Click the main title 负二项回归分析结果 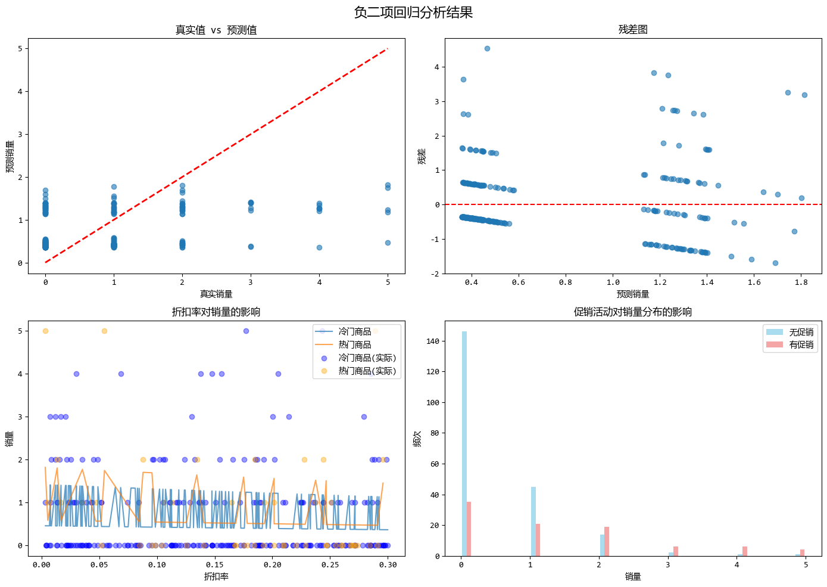pyautogui.click(x=413, y=13)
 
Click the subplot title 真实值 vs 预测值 pyautogui.click(x=216, y=30)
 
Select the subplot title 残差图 pyautogui.click(x=633, y=30)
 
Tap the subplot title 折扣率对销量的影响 pyautogui.click(x=216, y=312)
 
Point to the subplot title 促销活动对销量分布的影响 pyautogui.click(x=633, y=312)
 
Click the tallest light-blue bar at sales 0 pyautogui.click(x=464, y=444)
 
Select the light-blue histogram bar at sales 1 pyautogui.click(x=533, y=521)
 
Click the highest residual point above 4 pyautogui.click(x=487, y=48)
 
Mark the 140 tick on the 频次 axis pyautogui.click(x=433, y=341)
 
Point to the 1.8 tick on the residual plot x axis pyautogui.click(x=801, y=282)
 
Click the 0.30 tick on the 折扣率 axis pyautogui.click(x=388, y=565)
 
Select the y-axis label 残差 pyautogui.click(x=422, y=156)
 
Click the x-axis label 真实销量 pyautogui.click(x=216, y=294)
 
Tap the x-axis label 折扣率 pyautogui.click(x=216, y=576)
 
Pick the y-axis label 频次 pyautogui.click(x=417, y=439)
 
